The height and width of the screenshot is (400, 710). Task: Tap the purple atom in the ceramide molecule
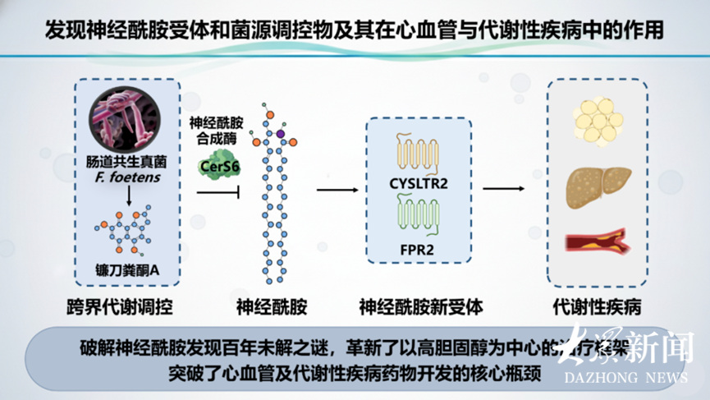pos(281,133)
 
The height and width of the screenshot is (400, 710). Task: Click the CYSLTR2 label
pos(419,184)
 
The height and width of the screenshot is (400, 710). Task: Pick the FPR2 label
pos(419,246)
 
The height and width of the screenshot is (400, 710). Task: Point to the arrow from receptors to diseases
pos(502,190)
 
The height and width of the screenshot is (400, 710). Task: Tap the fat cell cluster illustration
pos(597,121)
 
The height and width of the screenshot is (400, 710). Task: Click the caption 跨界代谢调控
pos(121,308)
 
